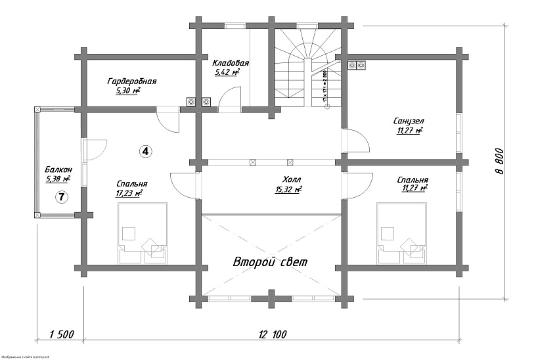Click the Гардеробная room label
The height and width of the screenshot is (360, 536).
click(x=131, y=81)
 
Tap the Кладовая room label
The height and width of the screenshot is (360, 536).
click(x=230, y=62)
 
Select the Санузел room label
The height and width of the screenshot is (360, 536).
click(x=409, y=122)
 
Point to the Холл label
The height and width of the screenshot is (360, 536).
click(x=291, y=179)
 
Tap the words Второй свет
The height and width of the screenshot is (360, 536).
click(x=270, y=261)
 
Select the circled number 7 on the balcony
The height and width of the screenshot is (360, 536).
click(x=60, y=196)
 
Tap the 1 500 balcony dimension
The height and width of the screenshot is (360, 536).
click(x=61, y=335)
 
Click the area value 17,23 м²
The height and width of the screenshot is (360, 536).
click(x=129, y=194)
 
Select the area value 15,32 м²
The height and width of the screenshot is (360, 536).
click(x=289, y=190)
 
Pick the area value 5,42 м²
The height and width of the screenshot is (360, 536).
click(x=227, y=72)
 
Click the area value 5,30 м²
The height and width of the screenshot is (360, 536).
click(x=128, y=91)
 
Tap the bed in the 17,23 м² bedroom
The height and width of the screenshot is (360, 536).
click(x=143, y=231)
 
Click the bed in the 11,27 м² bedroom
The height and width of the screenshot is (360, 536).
click(x=402, y=231)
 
